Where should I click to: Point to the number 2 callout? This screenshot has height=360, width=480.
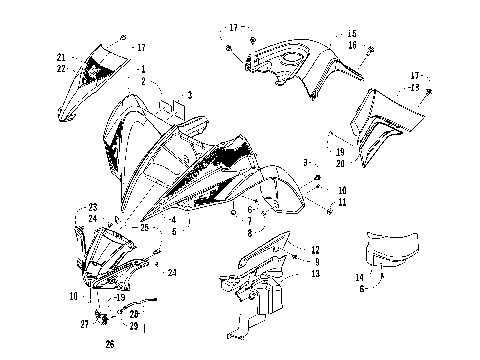tap(143, 81)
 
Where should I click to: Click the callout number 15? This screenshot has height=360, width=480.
tap(352, 33)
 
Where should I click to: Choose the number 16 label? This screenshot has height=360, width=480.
tap(352, 45)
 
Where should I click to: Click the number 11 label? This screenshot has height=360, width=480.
tap(342, 202)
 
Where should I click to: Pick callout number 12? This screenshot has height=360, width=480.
tap(315, 250)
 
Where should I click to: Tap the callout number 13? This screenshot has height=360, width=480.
tap(315, 273)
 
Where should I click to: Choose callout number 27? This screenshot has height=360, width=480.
tap(85, 324)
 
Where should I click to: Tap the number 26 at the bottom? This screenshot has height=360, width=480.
tap(109, 346)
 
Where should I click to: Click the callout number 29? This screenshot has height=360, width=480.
tap(134, 326)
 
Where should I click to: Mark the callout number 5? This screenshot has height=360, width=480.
tap(174, 231)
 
